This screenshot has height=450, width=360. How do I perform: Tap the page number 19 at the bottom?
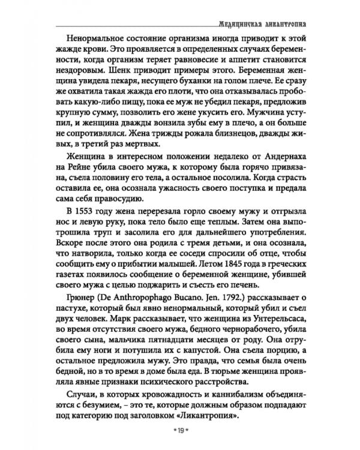[180, 430]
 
